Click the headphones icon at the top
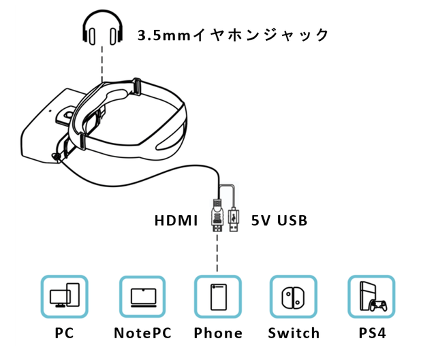102,30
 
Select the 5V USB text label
279,220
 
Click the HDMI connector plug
217,218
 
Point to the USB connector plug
235,219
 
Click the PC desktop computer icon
65,297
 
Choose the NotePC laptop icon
142,297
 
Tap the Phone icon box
217,297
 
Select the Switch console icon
293,297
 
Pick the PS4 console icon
371,297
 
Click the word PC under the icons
64,333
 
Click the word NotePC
142,333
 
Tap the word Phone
218,333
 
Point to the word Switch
294,333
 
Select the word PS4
372,333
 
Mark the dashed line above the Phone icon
217,255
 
